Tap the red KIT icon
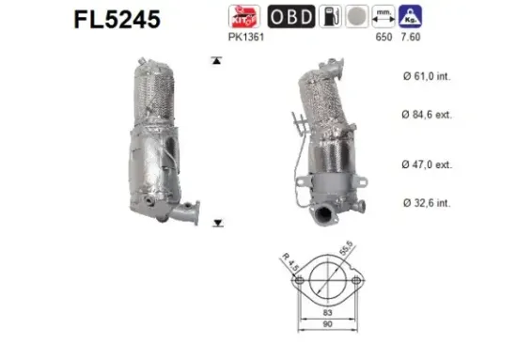pos(243,17)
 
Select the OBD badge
pos(292,17)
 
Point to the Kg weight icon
pos(410,16)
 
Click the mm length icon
pos(383,16)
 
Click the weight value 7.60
pos(410,38)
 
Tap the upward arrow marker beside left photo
pos(217,60)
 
